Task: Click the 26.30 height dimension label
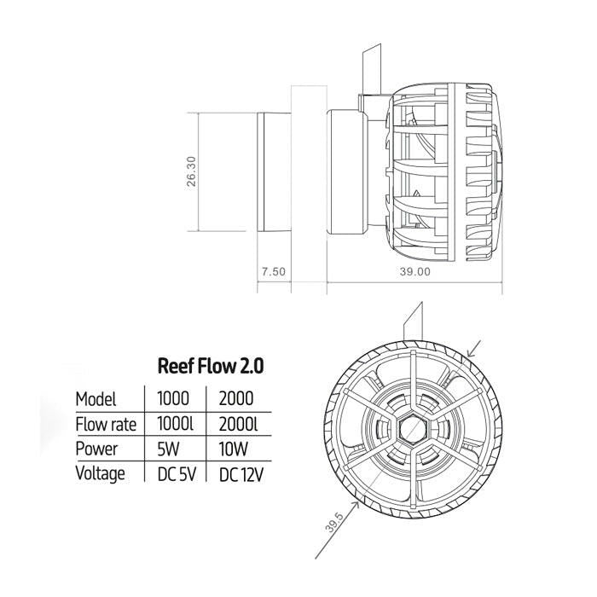[192, 171]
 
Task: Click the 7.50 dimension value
[273, 271]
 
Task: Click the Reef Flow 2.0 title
[211, 366]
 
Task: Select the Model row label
[96, 399]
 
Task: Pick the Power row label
[96, 449]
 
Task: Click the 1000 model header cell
[176, 398]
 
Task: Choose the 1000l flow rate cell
[177, 424]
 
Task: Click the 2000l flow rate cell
[239, 424]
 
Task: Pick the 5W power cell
[170, 449]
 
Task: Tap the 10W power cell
[234, 449]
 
